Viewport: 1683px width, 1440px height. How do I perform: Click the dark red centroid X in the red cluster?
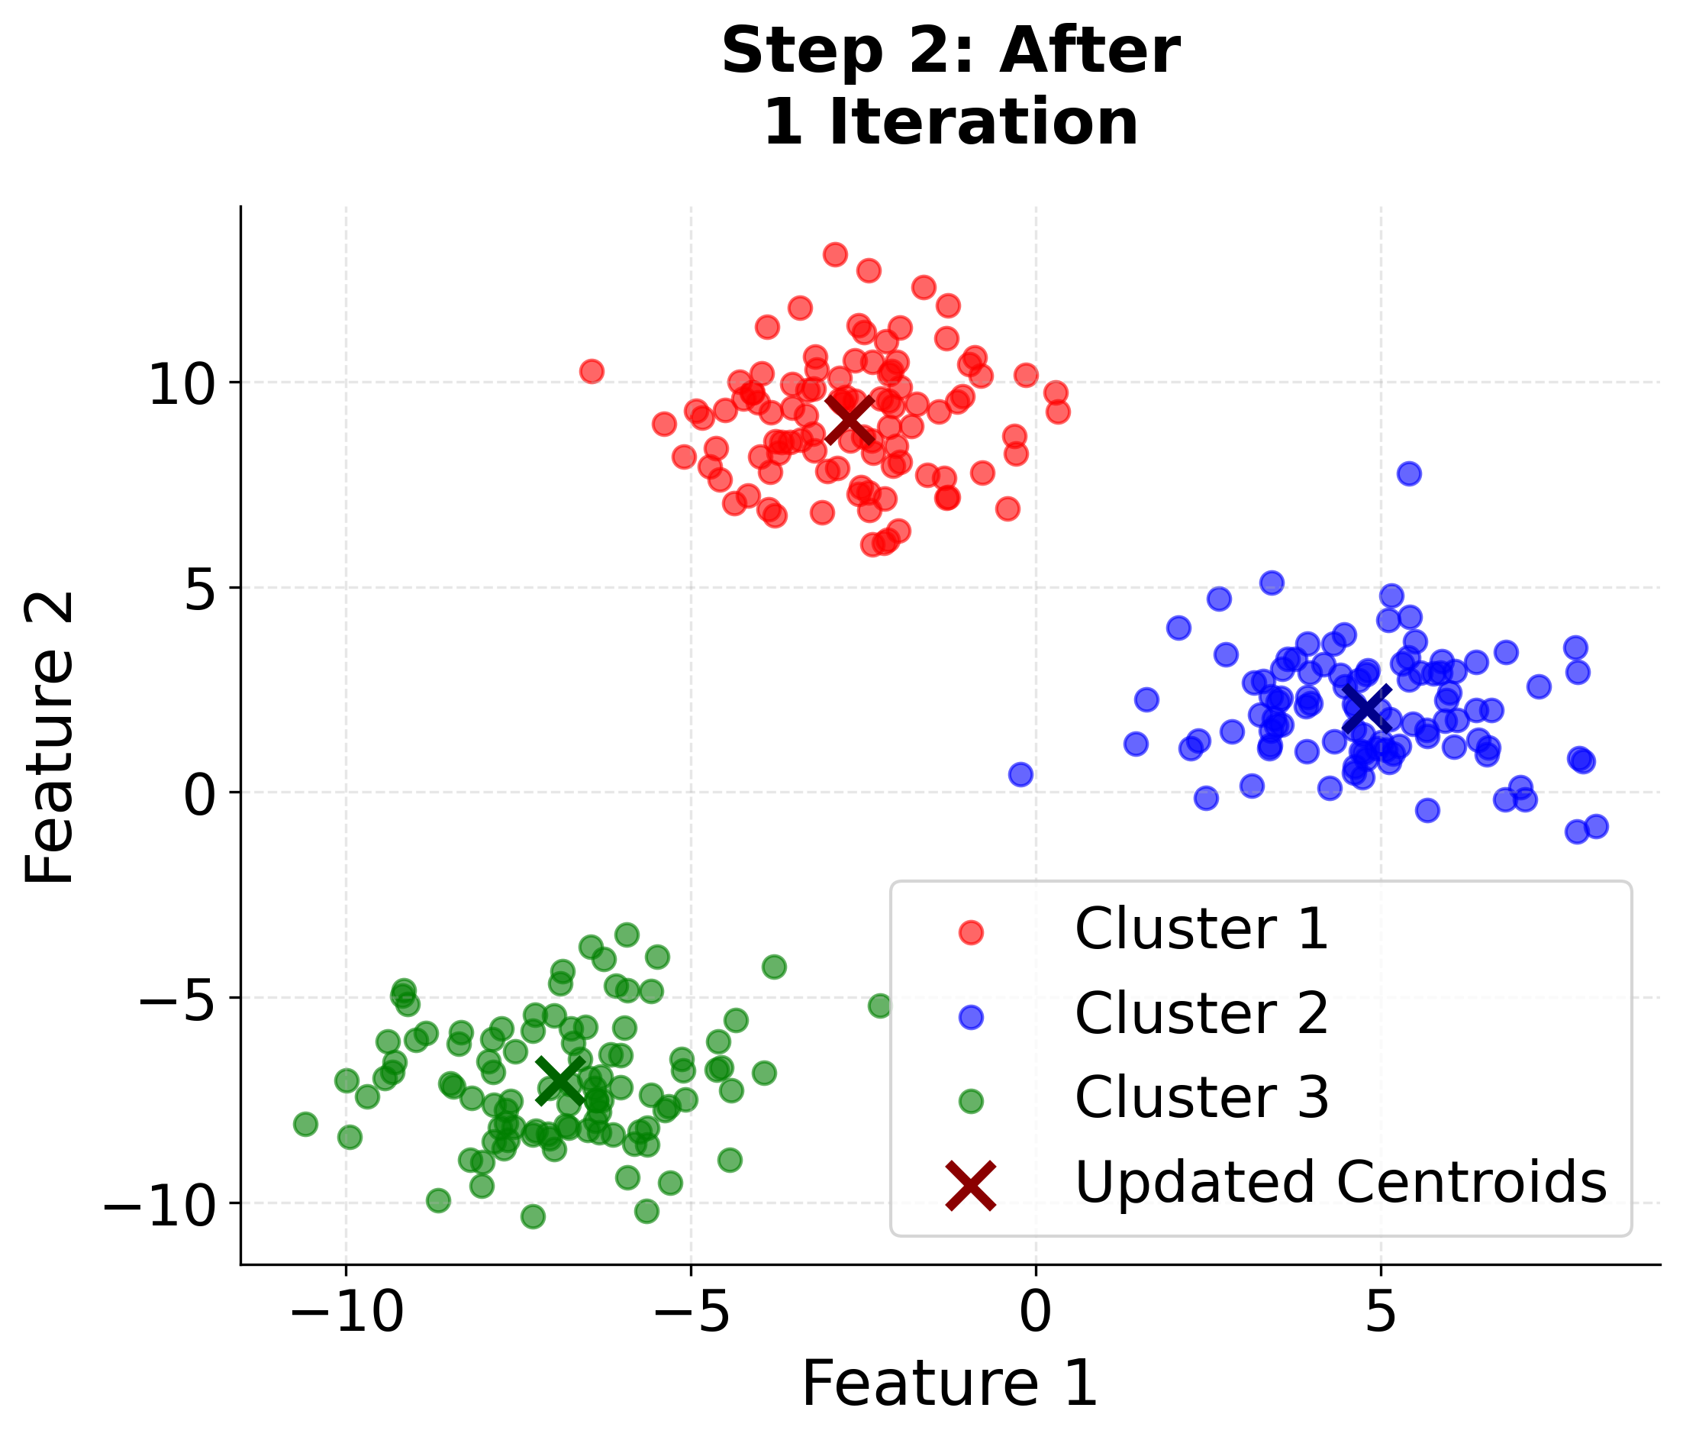pos(849,420)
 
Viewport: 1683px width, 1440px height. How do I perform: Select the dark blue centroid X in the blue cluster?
pos(1366,709)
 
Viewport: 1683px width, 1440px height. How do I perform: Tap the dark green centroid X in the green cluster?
pos(560,1081)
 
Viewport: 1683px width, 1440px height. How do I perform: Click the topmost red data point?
pos(835,254)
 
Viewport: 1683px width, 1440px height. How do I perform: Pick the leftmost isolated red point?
pos(592,371)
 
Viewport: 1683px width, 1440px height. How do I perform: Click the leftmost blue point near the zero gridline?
pos(1021,774)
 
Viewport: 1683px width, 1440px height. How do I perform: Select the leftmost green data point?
pos(305,1125)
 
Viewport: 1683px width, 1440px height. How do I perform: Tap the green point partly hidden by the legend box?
pos(881,1006)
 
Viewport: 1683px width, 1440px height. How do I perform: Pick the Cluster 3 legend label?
pos(1201,1098)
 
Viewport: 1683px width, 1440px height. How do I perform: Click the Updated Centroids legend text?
pos(1341,1183)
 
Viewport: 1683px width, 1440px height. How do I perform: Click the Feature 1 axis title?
pos(950,1385)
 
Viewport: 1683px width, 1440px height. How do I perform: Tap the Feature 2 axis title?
pos(50,738)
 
